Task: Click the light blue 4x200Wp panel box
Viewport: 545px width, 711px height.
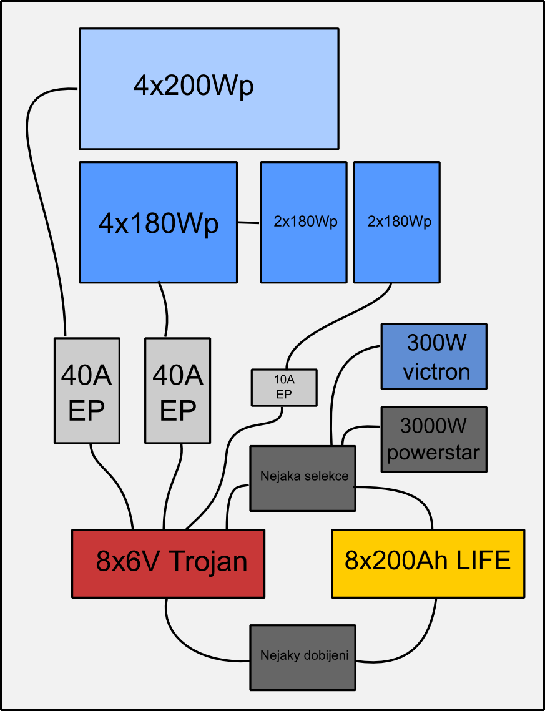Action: (x=209, y=88)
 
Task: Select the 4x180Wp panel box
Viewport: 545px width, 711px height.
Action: (x=158, y=222)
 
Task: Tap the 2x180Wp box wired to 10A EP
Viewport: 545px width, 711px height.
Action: (x=396, y=222)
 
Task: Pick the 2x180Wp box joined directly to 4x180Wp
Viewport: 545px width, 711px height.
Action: (x=303, y=222)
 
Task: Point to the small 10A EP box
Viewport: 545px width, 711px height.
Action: (x=284, y=387)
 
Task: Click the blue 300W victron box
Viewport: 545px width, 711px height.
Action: (x=434, y=356)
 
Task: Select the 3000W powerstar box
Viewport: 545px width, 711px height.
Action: (x=434, y=439)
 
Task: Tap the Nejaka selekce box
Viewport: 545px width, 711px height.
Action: (x=303, y=478)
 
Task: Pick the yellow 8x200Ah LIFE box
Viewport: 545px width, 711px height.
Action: (x=428, y=563)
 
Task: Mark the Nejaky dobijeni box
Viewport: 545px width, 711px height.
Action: (x=303, y=657)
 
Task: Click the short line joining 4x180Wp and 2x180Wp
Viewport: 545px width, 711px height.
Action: (x=248, y=223)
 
